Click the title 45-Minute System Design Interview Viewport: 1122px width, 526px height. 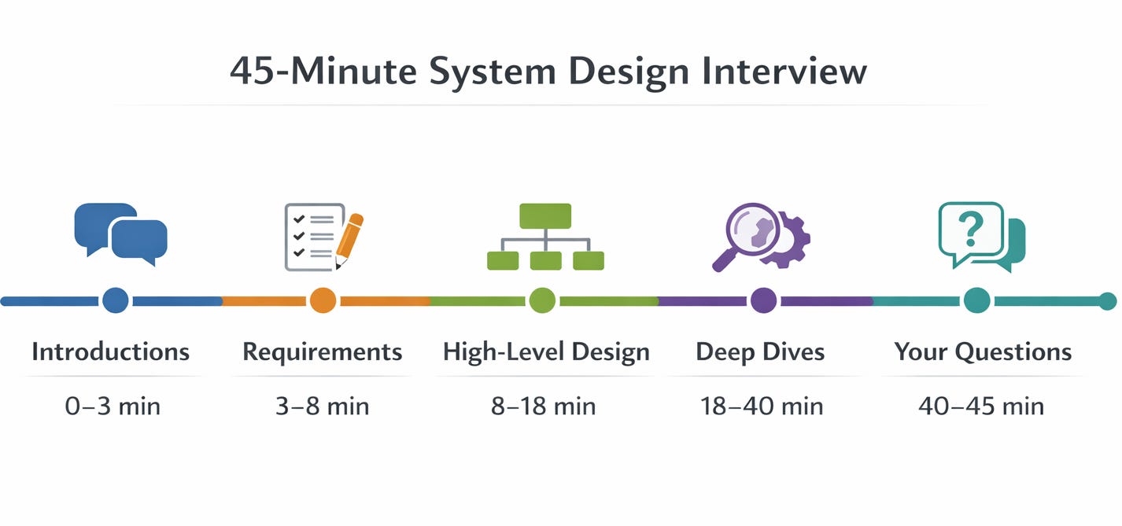548,72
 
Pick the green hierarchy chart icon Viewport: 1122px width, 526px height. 545,237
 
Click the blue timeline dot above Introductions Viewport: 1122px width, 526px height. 116,300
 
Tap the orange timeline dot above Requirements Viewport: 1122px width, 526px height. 323,300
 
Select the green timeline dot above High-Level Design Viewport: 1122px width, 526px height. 542,300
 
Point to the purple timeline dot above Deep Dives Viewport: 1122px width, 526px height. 763,300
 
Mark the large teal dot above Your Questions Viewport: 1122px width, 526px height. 976,300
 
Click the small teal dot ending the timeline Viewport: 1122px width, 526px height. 1107,300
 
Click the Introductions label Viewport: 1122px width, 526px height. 111,351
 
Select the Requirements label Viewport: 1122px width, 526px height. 323,351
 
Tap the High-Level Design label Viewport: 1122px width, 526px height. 546,351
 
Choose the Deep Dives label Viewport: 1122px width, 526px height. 760,351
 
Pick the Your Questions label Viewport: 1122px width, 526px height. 983,351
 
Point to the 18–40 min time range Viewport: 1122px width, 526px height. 761,406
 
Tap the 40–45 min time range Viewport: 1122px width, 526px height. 981,406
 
